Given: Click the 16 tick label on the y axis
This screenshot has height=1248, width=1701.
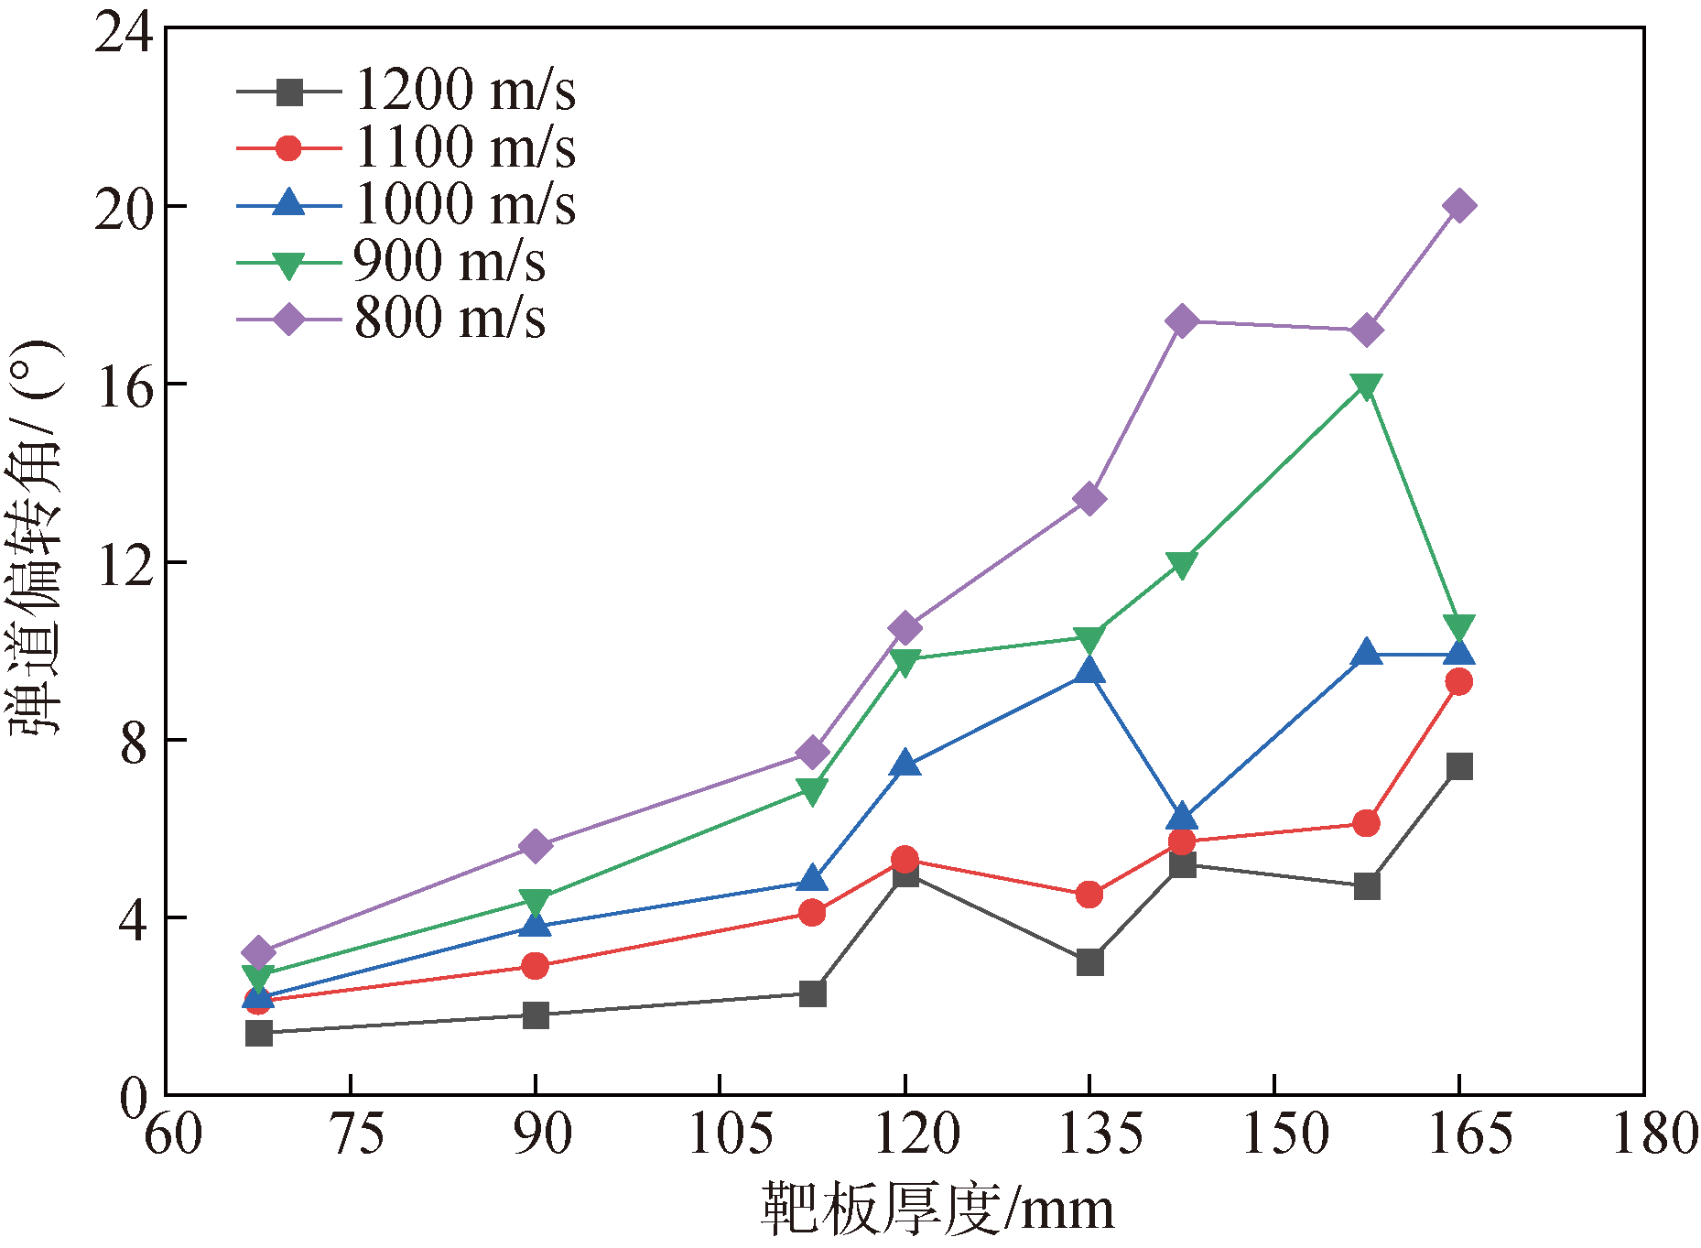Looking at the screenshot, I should coord(124,388).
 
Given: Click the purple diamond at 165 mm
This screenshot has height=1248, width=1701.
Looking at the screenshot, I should coord(1459,206).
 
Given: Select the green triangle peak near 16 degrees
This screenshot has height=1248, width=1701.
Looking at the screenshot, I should coord(1367,386).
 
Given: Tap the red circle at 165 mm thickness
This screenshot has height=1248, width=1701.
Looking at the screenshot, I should coord(1459,681).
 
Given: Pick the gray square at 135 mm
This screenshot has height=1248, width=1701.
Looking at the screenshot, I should coord(1089,962).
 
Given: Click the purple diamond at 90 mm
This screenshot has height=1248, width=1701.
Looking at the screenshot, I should coord(536,846).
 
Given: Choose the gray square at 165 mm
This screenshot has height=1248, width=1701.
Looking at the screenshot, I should coord(1459,766).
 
